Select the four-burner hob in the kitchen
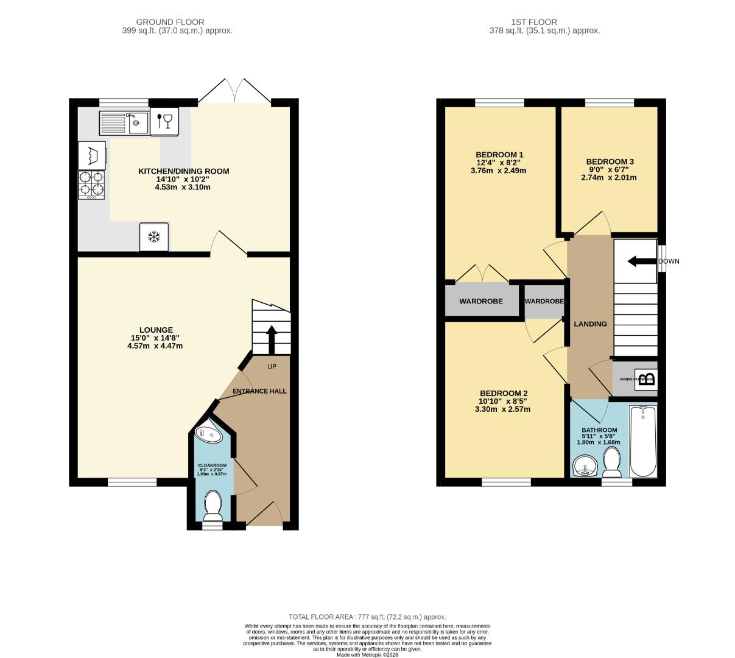coord(91,185)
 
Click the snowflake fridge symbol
coord(154,237)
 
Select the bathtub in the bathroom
coord(642,442)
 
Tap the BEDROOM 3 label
coord(610,161)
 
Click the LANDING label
coord(590,324)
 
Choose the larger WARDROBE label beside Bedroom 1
coord(480,301)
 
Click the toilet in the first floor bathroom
coord(611,462)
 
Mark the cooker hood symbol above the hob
coord(91,155)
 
